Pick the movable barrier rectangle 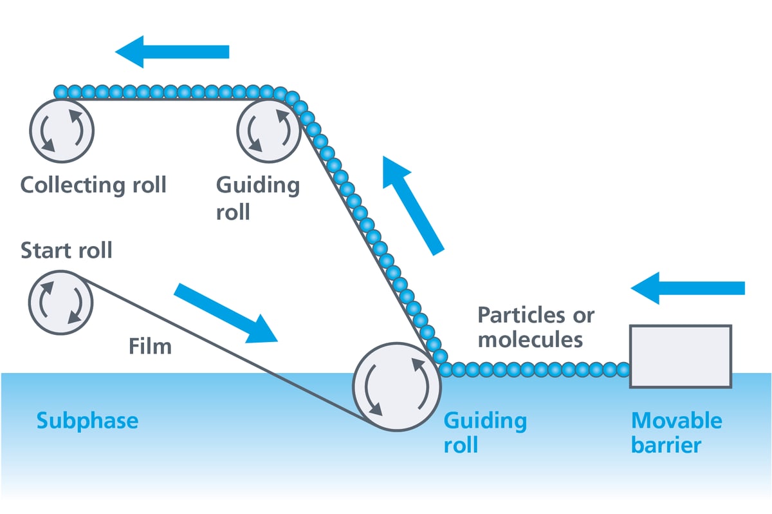[681, 356]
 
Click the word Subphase [87, 421]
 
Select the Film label [150, 346]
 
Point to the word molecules [530, 338]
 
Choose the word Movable [677, 421]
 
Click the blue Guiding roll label [485, 433]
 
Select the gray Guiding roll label [257, 198]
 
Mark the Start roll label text [66, 250]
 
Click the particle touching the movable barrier [622, 370]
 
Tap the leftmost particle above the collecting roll [60, 92]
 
